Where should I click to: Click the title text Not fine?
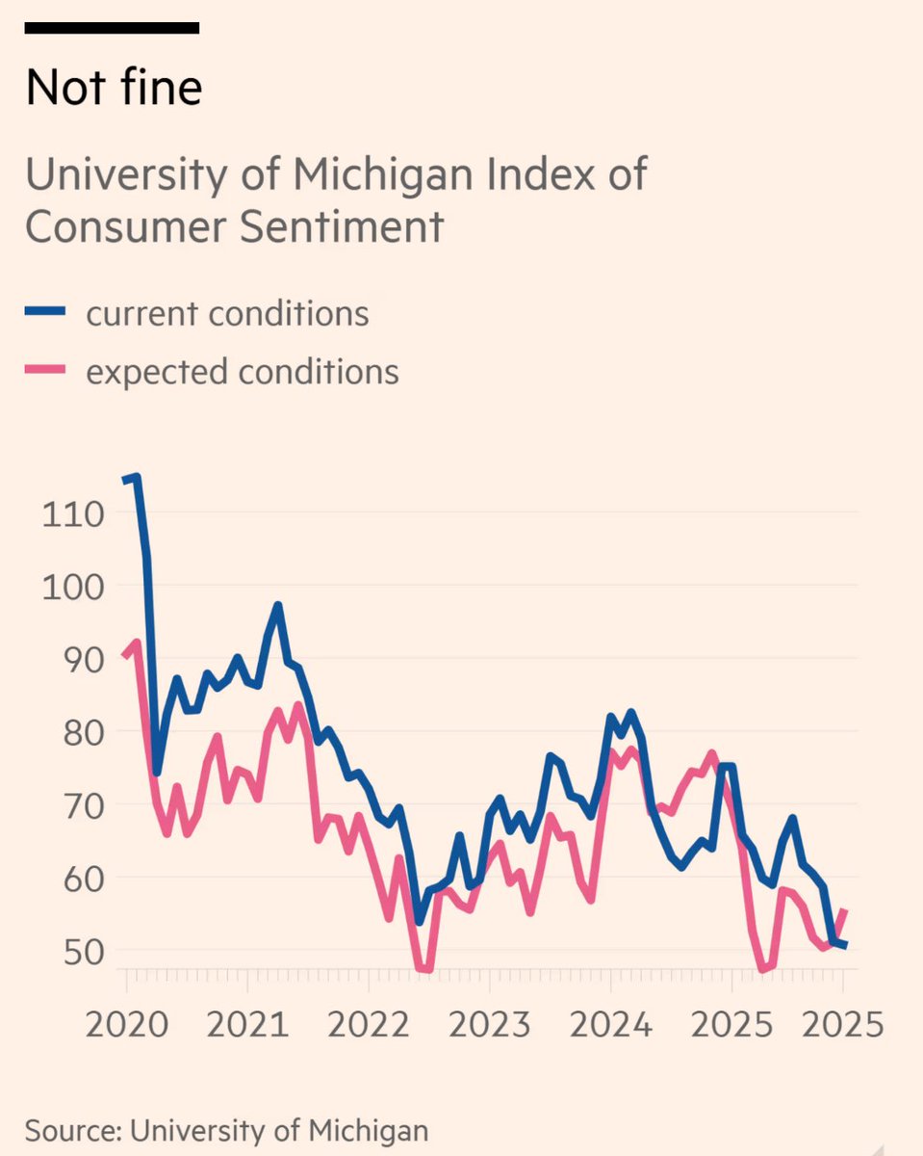tap(114, 89)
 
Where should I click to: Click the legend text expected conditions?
tap(242, 371)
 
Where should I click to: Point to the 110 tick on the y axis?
tap(72, 513)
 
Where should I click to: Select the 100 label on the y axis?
tap(72, 587)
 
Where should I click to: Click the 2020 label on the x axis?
tap(126, 1023)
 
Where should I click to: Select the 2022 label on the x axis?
tap(369, 1023)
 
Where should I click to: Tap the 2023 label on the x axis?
tap(489, 1023)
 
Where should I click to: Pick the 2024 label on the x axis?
tap(610, 1023)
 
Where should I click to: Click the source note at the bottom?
tap(226, 1130)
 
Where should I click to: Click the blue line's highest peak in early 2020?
tap(136, 476)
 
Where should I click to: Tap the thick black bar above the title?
tap(112, 28)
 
